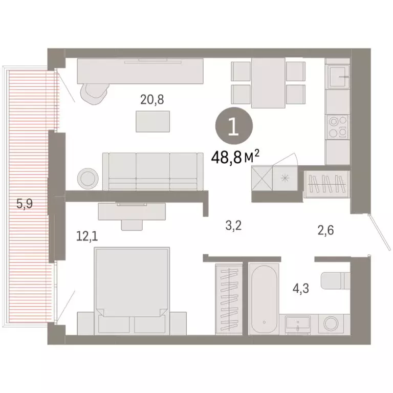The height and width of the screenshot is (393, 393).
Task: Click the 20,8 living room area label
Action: click(152, 99)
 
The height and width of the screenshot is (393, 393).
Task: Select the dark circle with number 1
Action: click(233, 126)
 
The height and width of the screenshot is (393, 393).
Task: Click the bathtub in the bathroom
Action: click(264, 296)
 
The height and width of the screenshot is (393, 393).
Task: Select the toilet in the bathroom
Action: click(335, 281)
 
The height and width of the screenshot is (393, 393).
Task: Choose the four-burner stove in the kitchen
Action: click(338, 126)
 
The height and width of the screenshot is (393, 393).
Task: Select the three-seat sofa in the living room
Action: click(153, 171)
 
